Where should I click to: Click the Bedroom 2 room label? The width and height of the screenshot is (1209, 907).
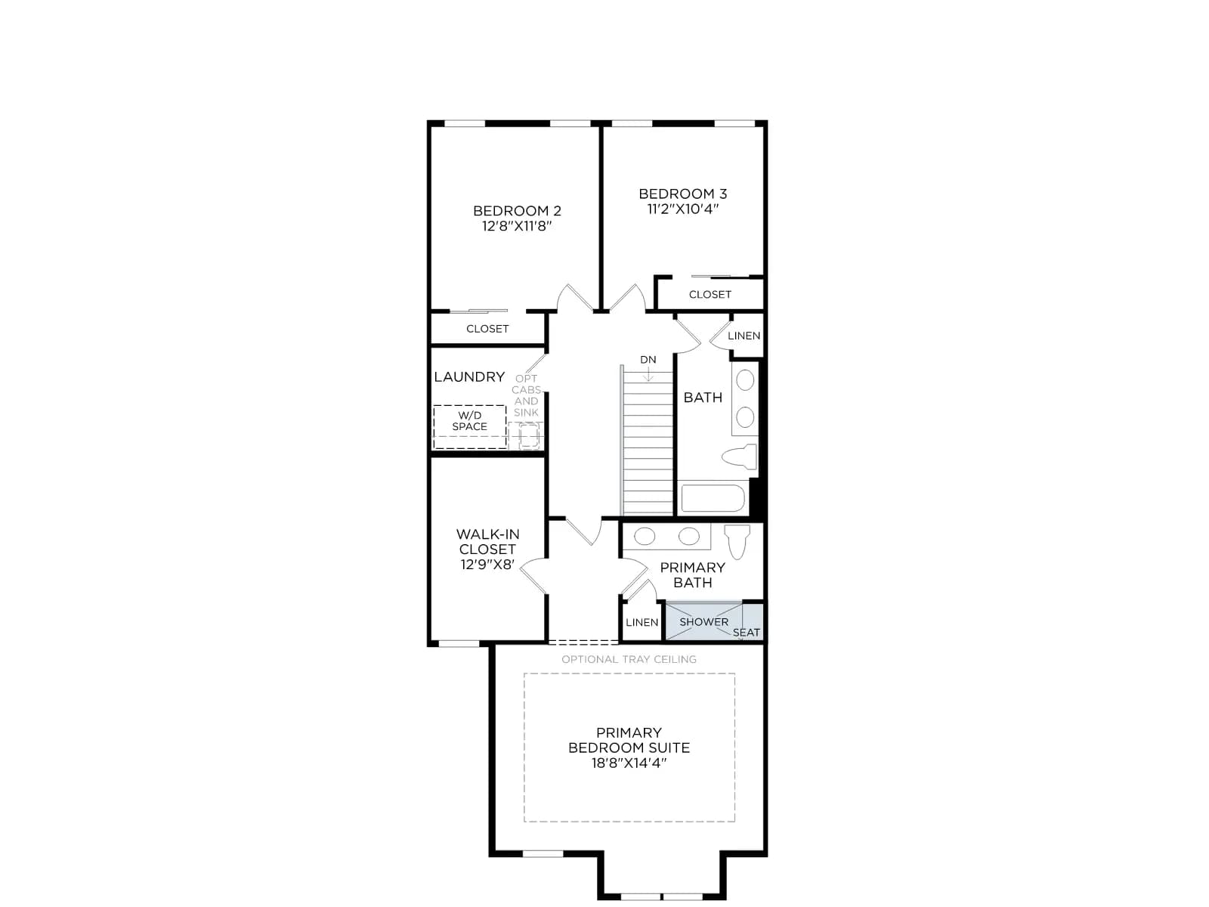(x=517, y=210)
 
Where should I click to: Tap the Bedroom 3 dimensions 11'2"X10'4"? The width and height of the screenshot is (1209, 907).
(x=683, y=209)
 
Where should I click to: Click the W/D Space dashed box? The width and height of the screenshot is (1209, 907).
(x=469, y=427)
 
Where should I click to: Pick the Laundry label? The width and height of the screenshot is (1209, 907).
(x=469, y=376)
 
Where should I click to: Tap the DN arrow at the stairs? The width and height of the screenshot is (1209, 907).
(x=648, y=374)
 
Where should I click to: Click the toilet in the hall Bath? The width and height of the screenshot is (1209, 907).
(x=739, y=457)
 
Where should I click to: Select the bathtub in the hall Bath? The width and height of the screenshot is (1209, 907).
(x=713, y=498)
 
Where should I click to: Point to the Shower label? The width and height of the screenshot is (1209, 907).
(x=703, y=622)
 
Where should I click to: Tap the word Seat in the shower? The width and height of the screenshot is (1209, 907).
(x=747, y=633)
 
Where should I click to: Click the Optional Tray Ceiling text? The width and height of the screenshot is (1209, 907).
(x=629, y=659)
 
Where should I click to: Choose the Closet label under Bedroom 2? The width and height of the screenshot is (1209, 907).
(x=487, y=329)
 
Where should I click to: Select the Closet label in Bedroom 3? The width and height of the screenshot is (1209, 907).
(x=710, y=295)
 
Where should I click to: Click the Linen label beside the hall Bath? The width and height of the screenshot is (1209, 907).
(x=744, y=336)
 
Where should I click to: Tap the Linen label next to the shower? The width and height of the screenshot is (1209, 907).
(x=642, y=622)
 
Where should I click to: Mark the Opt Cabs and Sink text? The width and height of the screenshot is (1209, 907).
(x=526, y=395)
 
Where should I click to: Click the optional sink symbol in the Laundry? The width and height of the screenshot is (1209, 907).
(x=528, y=436)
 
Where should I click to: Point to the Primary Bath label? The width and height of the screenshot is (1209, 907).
(x=692, y=575)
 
